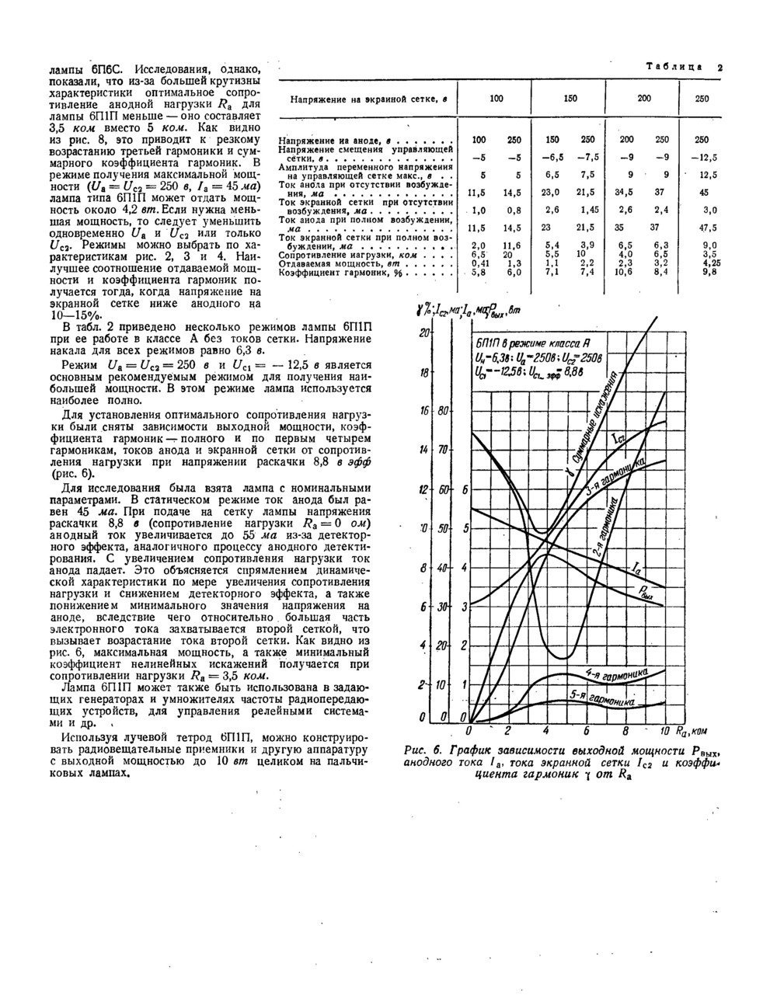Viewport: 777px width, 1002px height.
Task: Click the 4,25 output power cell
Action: [x=706, y=263]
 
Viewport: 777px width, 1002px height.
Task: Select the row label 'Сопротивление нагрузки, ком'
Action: [x=346, y=254]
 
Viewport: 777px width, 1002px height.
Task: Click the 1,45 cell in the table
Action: [x=587, y=210]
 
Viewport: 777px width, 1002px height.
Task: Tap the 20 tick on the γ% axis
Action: [x=424, y=332]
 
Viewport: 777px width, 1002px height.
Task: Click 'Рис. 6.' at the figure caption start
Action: [x=422, y=751]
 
